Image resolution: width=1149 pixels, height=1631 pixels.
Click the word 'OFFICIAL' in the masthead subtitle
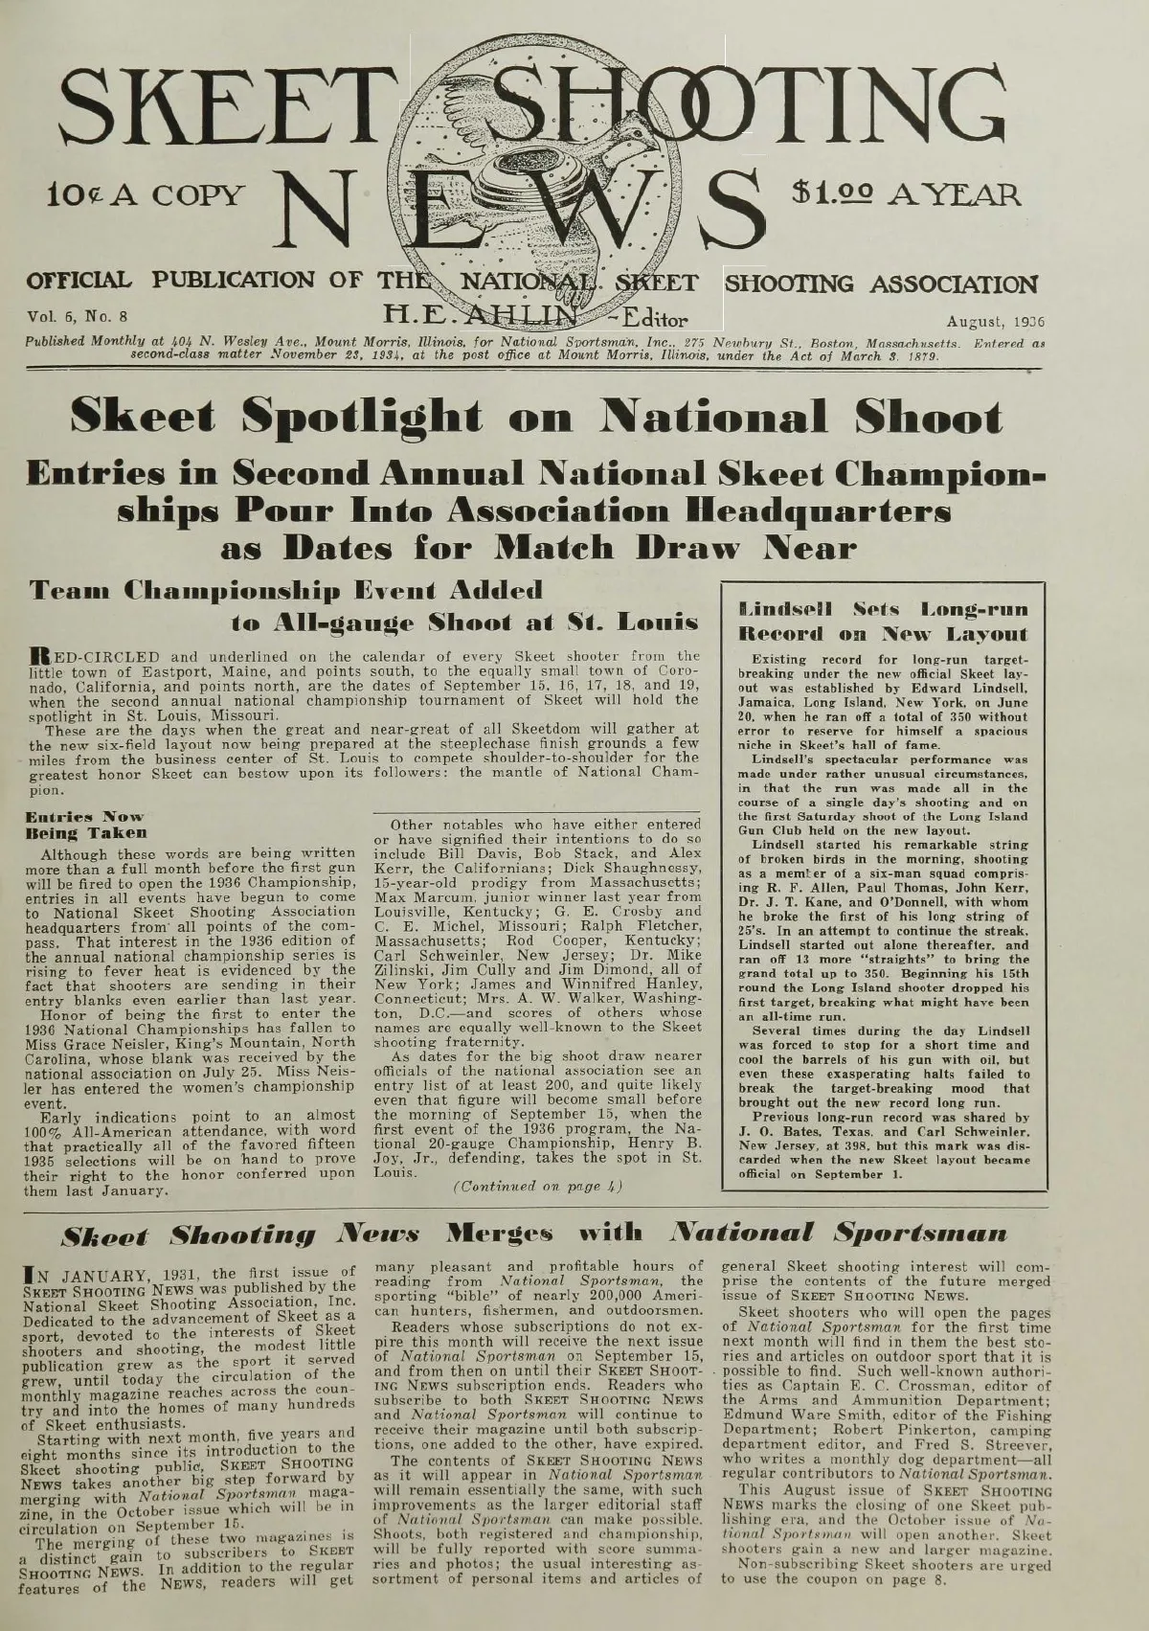pyautogui.click(x=79, y=283)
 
